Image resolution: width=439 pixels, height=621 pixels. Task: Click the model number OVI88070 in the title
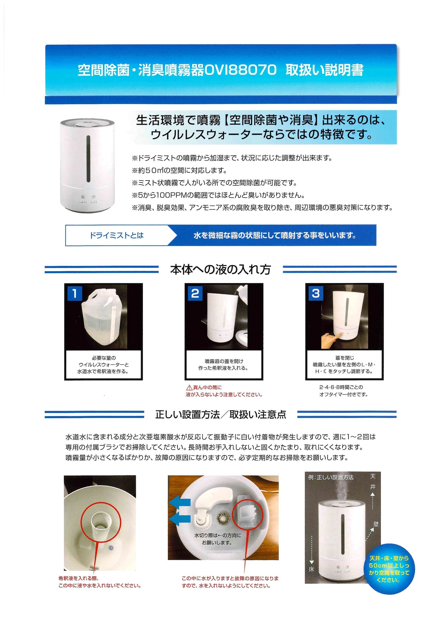pos(240,70)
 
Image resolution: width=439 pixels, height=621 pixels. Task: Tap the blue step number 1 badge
pos(74,293)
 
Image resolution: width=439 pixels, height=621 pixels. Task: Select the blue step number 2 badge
pos(195,293)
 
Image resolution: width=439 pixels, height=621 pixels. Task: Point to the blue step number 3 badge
pos(316,293)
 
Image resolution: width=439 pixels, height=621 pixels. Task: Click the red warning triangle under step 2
pos(189,388)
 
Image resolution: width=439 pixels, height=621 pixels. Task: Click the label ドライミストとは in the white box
pos(116,235)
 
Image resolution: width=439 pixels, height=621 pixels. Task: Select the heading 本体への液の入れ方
pos(220,270)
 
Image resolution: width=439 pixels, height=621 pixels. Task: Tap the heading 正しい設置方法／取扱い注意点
pos(221,415)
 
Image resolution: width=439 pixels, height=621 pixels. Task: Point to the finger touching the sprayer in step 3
pos(330,339)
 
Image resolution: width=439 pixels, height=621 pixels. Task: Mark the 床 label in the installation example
pos(311,569)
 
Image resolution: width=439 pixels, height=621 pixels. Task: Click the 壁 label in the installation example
pos(376,524)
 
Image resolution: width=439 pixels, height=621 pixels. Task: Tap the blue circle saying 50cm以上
pos(389,569)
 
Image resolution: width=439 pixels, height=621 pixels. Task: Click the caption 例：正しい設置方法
pos(331,478)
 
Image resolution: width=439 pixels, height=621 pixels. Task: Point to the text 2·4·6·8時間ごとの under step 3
pos(341,387)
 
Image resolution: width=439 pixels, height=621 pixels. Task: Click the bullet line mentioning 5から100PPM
pos(218,195)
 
